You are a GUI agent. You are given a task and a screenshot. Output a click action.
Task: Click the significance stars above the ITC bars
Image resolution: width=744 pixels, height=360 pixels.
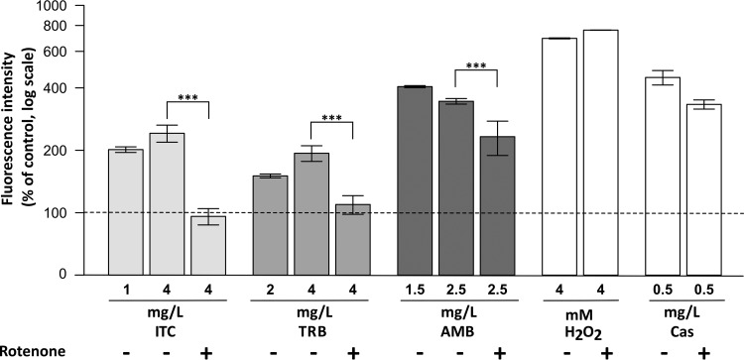[187, 98]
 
